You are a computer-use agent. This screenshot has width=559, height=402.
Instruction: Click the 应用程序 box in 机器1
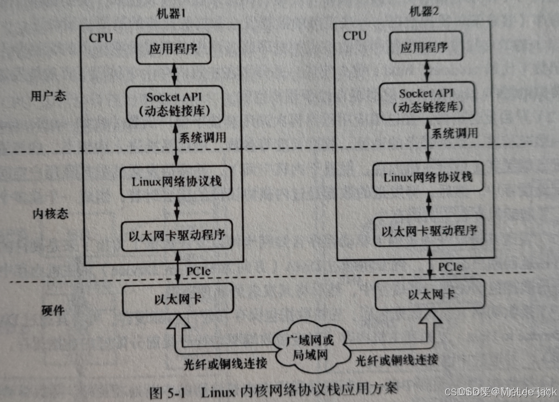coord(173,49)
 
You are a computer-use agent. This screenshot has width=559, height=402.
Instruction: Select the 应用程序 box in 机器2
coord(425,48)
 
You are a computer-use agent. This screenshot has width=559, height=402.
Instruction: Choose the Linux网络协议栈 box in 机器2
coord(429,177)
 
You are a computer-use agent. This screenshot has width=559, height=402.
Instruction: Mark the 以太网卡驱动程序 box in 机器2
coord(429,231)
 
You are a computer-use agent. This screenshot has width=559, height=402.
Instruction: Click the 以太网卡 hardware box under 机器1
coord(178,298)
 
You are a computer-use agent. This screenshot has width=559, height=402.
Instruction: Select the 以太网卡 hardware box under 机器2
coord(431,294)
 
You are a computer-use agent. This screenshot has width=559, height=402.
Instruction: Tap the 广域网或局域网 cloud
coord(310,348)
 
